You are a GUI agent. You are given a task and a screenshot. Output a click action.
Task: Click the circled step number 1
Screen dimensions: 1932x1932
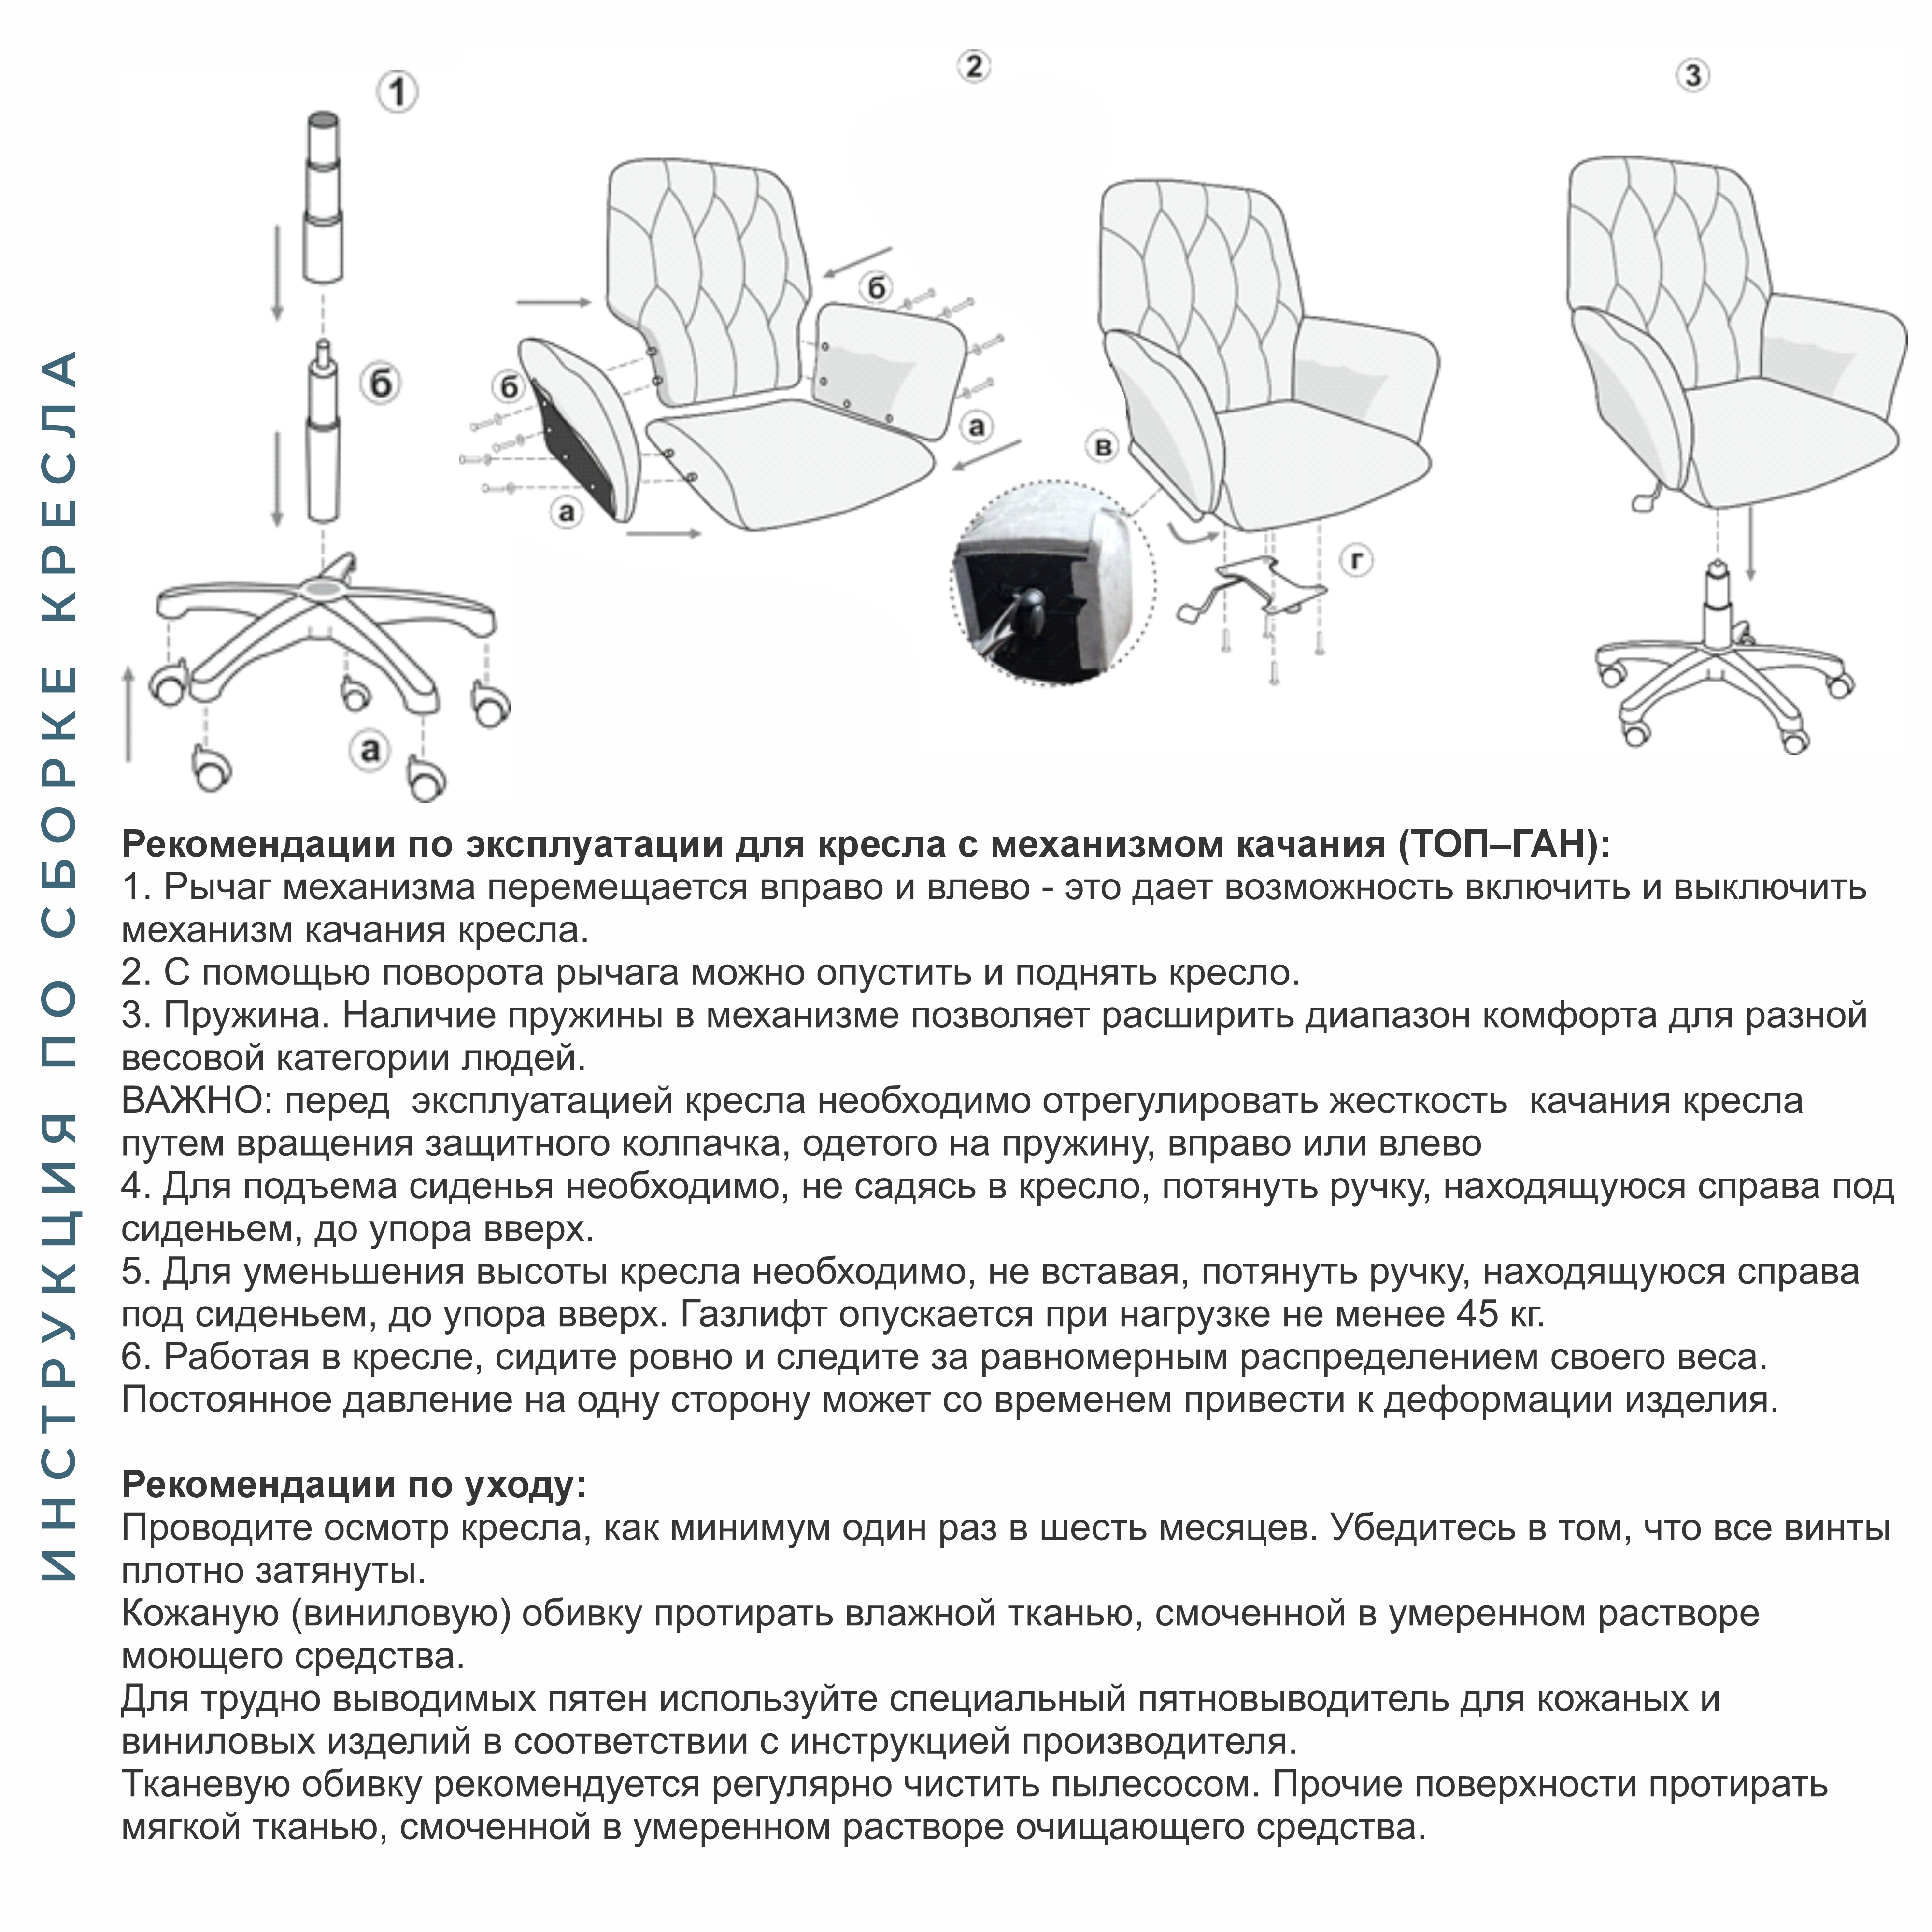398,93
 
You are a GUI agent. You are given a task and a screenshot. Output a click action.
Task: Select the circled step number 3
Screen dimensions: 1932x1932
1692,76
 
